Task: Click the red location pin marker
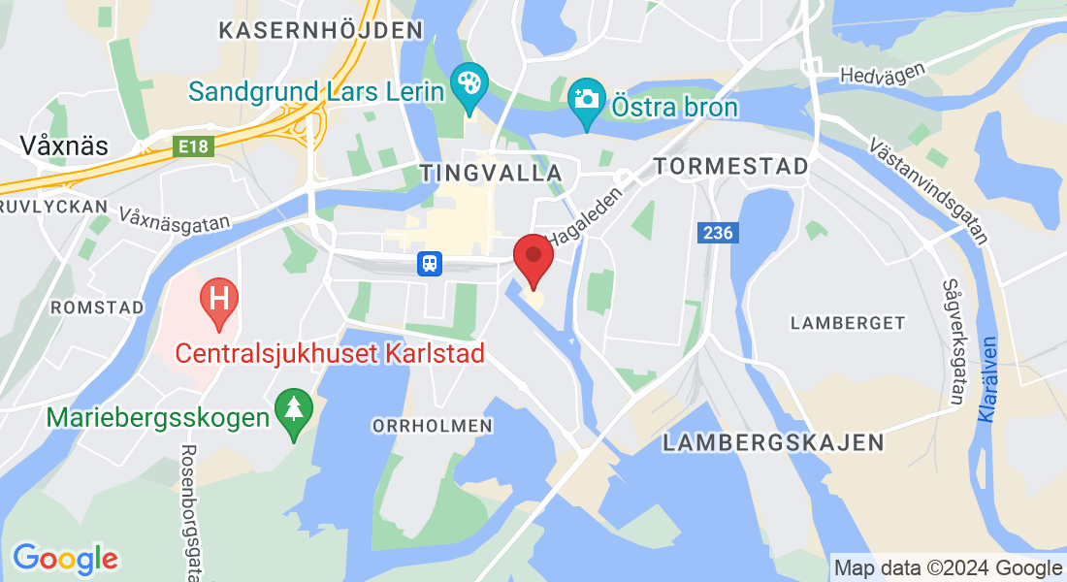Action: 533,256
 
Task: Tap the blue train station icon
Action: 430,263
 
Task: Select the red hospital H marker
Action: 218,298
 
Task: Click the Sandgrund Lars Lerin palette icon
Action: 469,84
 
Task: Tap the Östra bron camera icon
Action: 585,100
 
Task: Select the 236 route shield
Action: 717,233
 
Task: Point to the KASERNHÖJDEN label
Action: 321,30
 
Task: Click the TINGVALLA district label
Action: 491,173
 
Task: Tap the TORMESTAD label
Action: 730,167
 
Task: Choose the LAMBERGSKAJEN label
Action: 773,443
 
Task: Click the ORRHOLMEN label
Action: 433,426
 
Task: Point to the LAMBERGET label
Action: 848,322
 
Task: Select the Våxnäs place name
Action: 64,145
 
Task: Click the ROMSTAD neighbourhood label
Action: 97,307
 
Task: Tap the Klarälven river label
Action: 987,379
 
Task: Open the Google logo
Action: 65,559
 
